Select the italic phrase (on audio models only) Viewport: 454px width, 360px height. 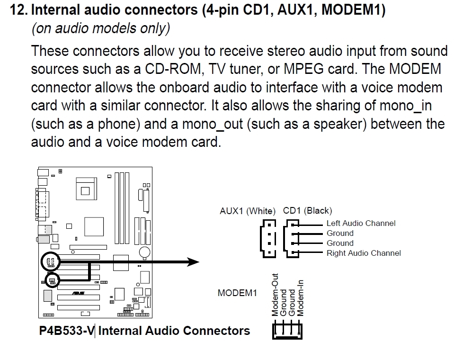tap(100, 29)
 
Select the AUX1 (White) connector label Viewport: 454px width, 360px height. tap(247, 211)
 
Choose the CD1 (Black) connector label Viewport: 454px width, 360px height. tap(307, 211)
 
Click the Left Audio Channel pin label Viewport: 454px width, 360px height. tap(361, 223)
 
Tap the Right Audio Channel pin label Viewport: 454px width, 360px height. tap(364, 253)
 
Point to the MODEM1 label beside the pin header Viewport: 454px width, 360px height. tap(237, 293)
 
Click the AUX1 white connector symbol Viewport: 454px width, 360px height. tap(267, 238)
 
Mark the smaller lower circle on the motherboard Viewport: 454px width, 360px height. tap(52, 280)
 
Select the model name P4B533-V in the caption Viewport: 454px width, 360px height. tap(66, 330)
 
